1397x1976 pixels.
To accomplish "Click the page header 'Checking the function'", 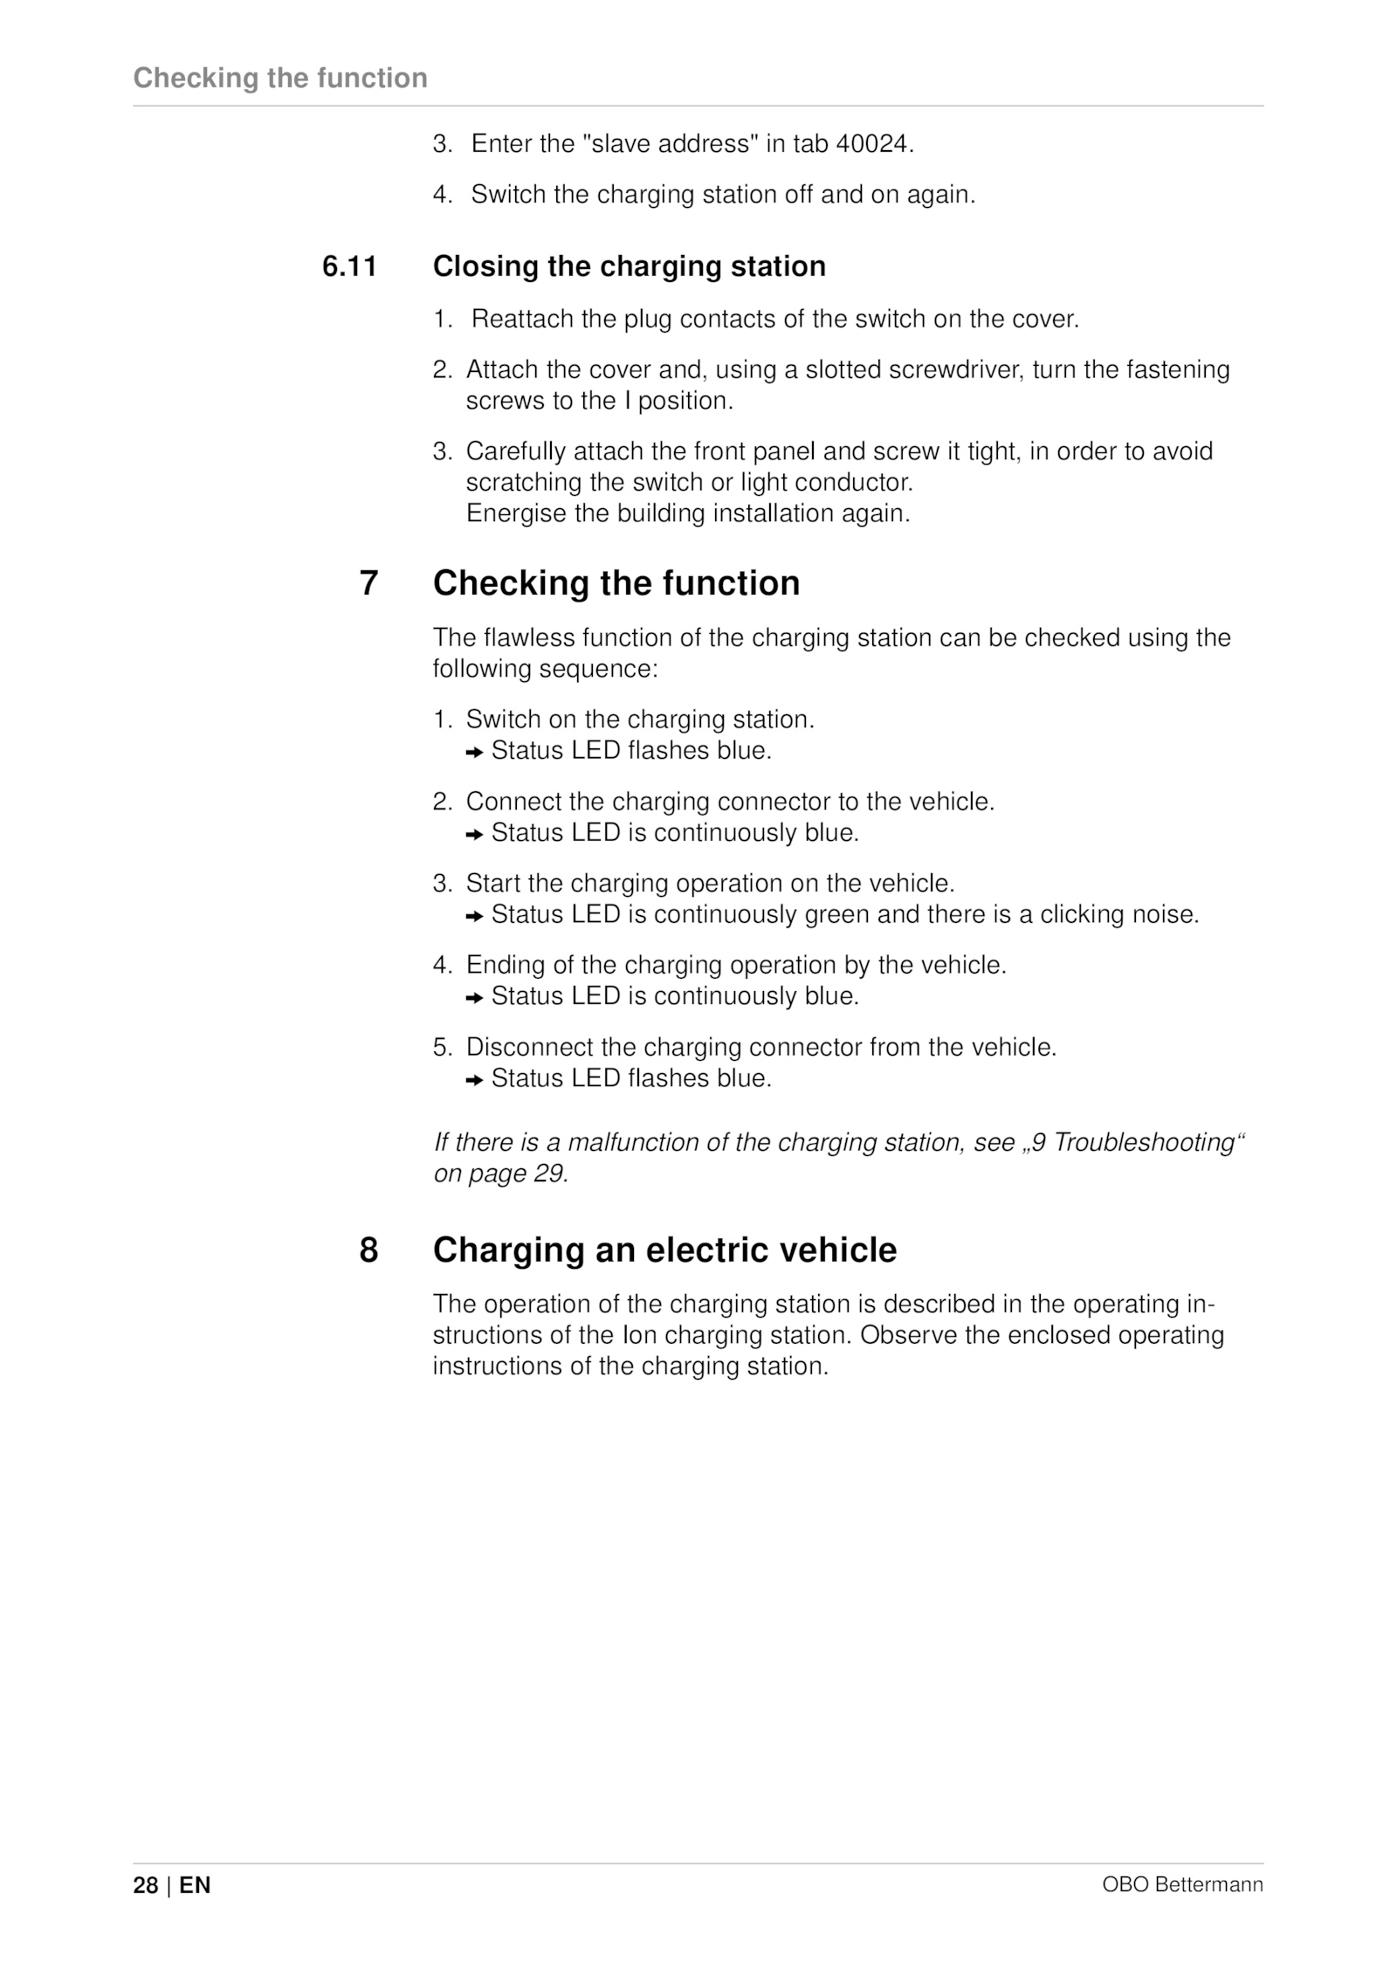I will pos(280,78).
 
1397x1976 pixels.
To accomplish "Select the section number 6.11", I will pos(349,266).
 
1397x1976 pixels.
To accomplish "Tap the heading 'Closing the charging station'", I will pos(629,266).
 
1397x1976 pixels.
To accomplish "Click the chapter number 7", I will pos(368,583).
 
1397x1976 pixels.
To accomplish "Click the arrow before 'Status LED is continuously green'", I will pos(474,916).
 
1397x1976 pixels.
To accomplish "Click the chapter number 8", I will pos(368,1250).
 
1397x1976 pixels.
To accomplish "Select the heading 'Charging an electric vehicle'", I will pos(664,1250).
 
